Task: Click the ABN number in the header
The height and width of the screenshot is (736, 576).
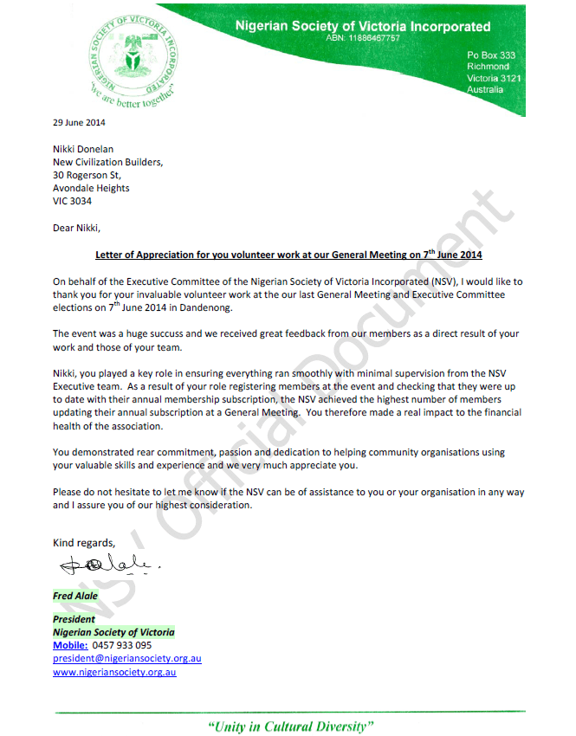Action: (363, 39)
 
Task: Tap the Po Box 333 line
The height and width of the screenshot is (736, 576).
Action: (490, 55)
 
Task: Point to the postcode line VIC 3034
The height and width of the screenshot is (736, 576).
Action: (72, 201)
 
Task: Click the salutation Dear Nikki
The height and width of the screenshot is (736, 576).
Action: (76, 229)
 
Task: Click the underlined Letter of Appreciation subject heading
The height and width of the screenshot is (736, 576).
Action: (288, 255)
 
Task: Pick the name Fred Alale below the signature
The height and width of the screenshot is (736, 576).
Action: (75, 596)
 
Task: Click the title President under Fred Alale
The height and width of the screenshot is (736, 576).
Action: (74, 619)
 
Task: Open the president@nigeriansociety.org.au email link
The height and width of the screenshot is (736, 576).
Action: (127, 658)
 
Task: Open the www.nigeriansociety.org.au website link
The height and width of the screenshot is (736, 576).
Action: (114, 671)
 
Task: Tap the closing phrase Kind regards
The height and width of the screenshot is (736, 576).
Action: (83, 543)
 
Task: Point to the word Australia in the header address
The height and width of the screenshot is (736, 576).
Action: (485, 90)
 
